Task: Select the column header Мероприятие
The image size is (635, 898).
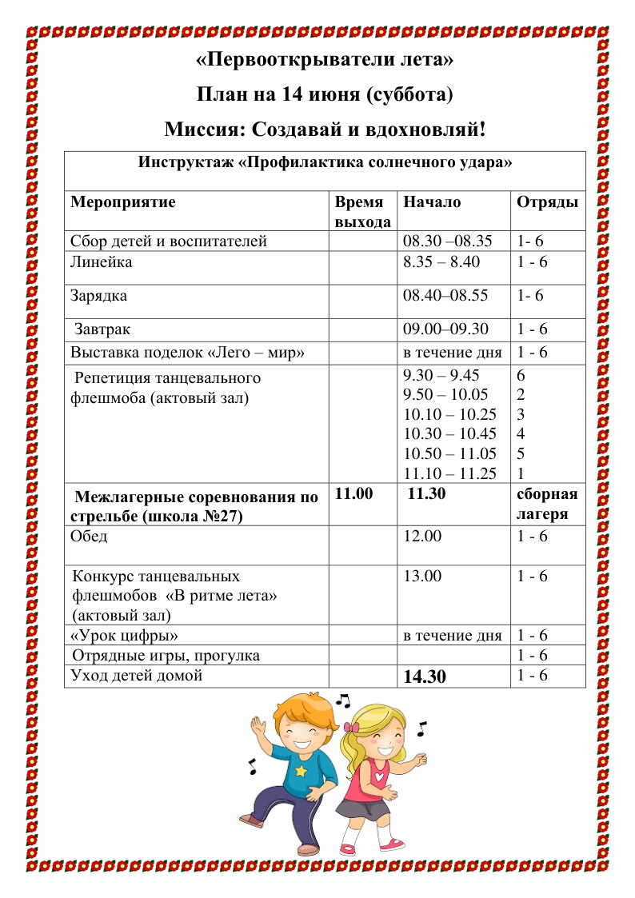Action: point(123,202)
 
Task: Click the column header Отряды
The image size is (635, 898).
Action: point(547,202)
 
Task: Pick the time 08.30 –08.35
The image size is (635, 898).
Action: point(447,241)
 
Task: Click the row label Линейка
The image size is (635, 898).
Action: point(102,262)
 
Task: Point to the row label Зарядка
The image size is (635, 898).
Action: point(99,296)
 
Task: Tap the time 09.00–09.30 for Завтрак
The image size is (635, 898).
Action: point(448,329)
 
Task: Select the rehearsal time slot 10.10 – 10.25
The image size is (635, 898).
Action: point(450,414)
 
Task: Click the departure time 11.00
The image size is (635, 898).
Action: point(353,494)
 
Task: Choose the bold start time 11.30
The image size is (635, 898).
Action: point(426,494)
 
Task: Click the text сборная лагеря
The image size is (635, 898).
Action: point(547,504)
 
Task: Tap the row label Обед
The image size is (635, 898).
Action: point(89,536)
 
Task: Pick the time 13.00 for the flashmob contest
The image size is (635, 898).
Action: point(422,576)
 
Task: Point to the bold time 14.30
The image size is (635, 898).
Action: point(425,677)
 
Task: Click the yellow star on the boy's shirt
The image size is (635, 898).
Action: point(301,771)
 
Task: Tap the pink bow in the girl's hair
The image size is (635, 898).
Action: point(353,728)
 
